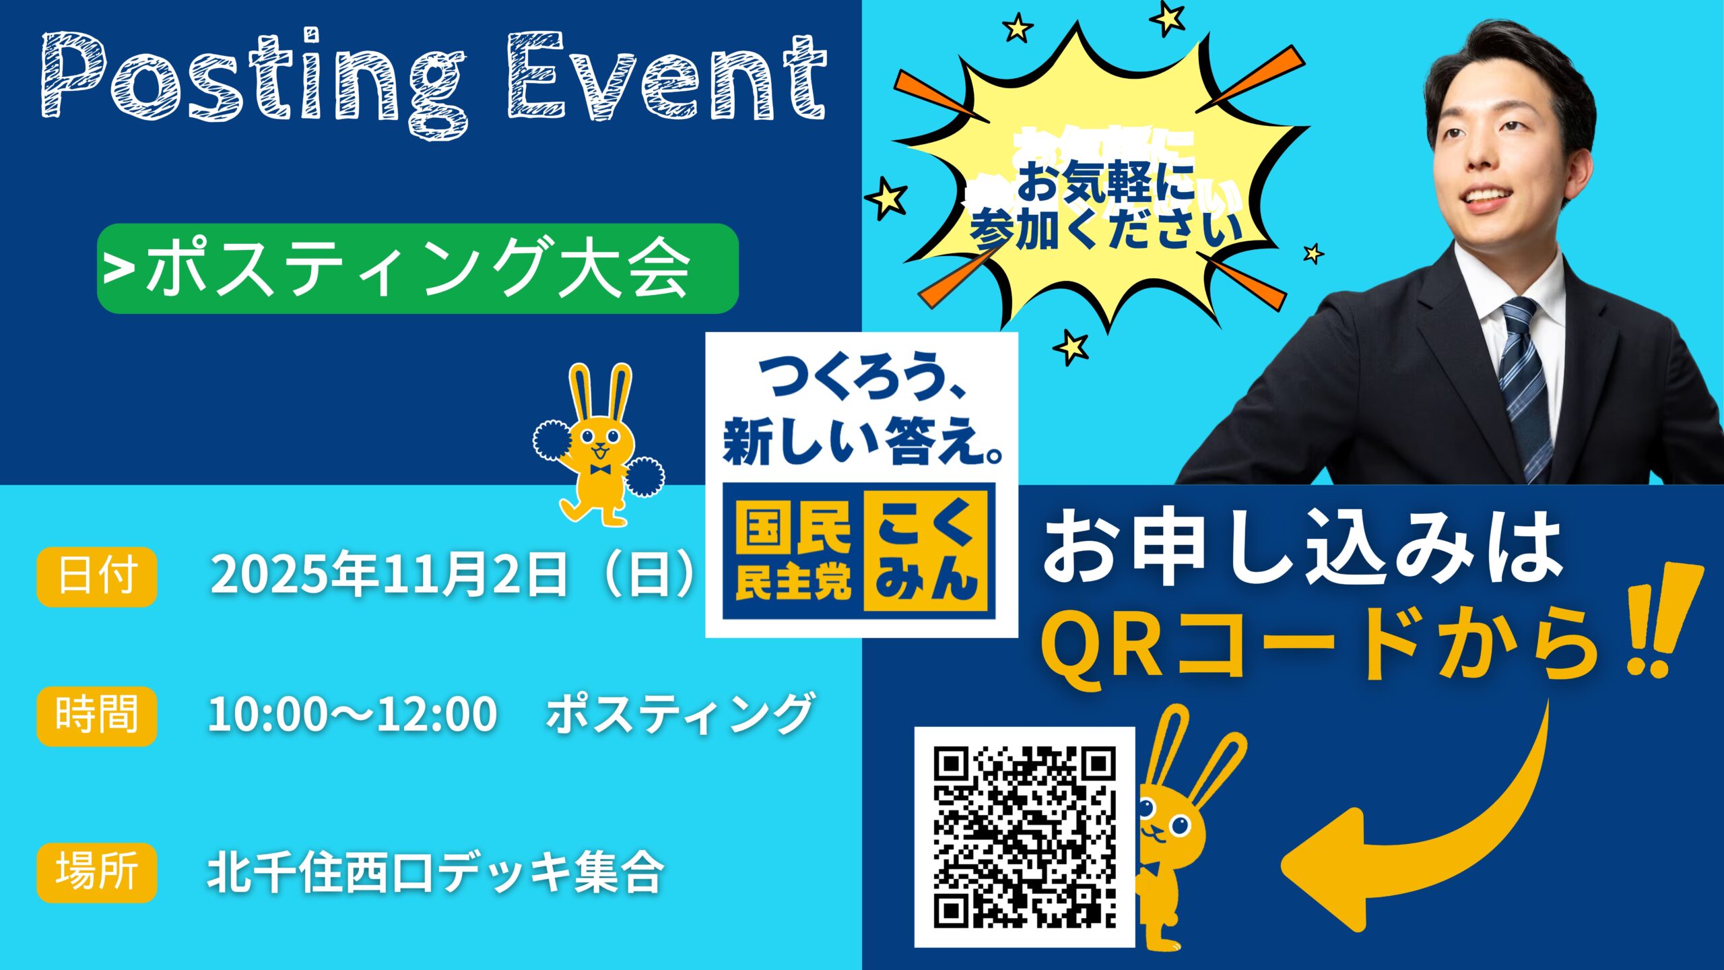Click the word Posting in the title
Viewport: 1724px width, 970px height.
[x=253, y=81]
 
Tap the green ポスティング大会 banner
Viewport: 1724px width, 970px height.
[x=418, y=268]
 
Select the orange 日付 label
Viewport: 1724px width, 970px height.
[x=97, y=577]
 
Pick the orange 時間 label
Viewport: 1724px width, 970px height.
[x=97, y=716]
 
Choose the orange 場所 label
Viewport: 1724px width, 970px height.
[x=97, y=872]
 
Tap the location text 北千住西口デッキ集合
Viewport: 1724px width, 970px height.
[x=435, y=873]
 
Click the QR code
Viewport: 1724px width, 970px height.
[x=1024, y=837]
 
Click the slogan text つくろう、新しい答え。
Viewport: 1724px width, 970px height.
[x=862, y=414]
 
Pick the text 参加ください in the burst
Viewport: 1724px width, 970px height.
[x=1104, y=229]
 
